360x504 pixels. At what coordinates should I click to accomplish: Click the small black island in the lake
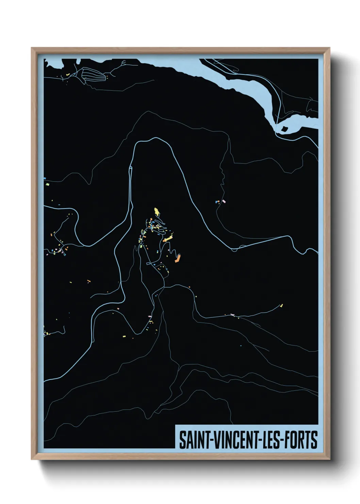[x=284, y=128]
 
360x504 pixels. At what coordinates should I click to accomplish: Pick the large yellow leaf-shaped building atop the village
[x=157, y=212]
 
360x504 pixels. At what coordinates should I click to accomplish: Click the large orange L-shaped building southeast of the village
[x=177, y=258]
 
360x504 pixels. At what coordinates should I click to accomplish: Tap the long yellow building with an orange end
[x=167, y=239]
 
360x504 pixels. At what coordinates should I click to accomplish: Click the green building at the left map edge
[x=48, y=184]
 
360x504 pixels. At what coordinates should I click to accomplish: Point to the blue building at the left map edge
[x=45, y=178]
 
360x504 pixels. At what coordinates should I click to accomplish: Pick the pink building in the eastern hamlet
[x=224, y=201]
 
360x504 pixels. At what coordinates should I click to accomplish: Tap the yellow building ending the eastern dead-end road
[x=281, y=305]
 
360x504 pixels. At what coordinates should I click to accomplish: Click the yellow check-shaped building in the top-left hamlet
[x=67, y=74]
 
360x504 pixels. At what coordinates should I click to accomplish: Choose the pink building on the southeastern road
[x=232, y=315]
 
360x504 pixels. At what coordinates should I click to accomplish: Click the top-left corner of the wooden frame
[x=32, y=48]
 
